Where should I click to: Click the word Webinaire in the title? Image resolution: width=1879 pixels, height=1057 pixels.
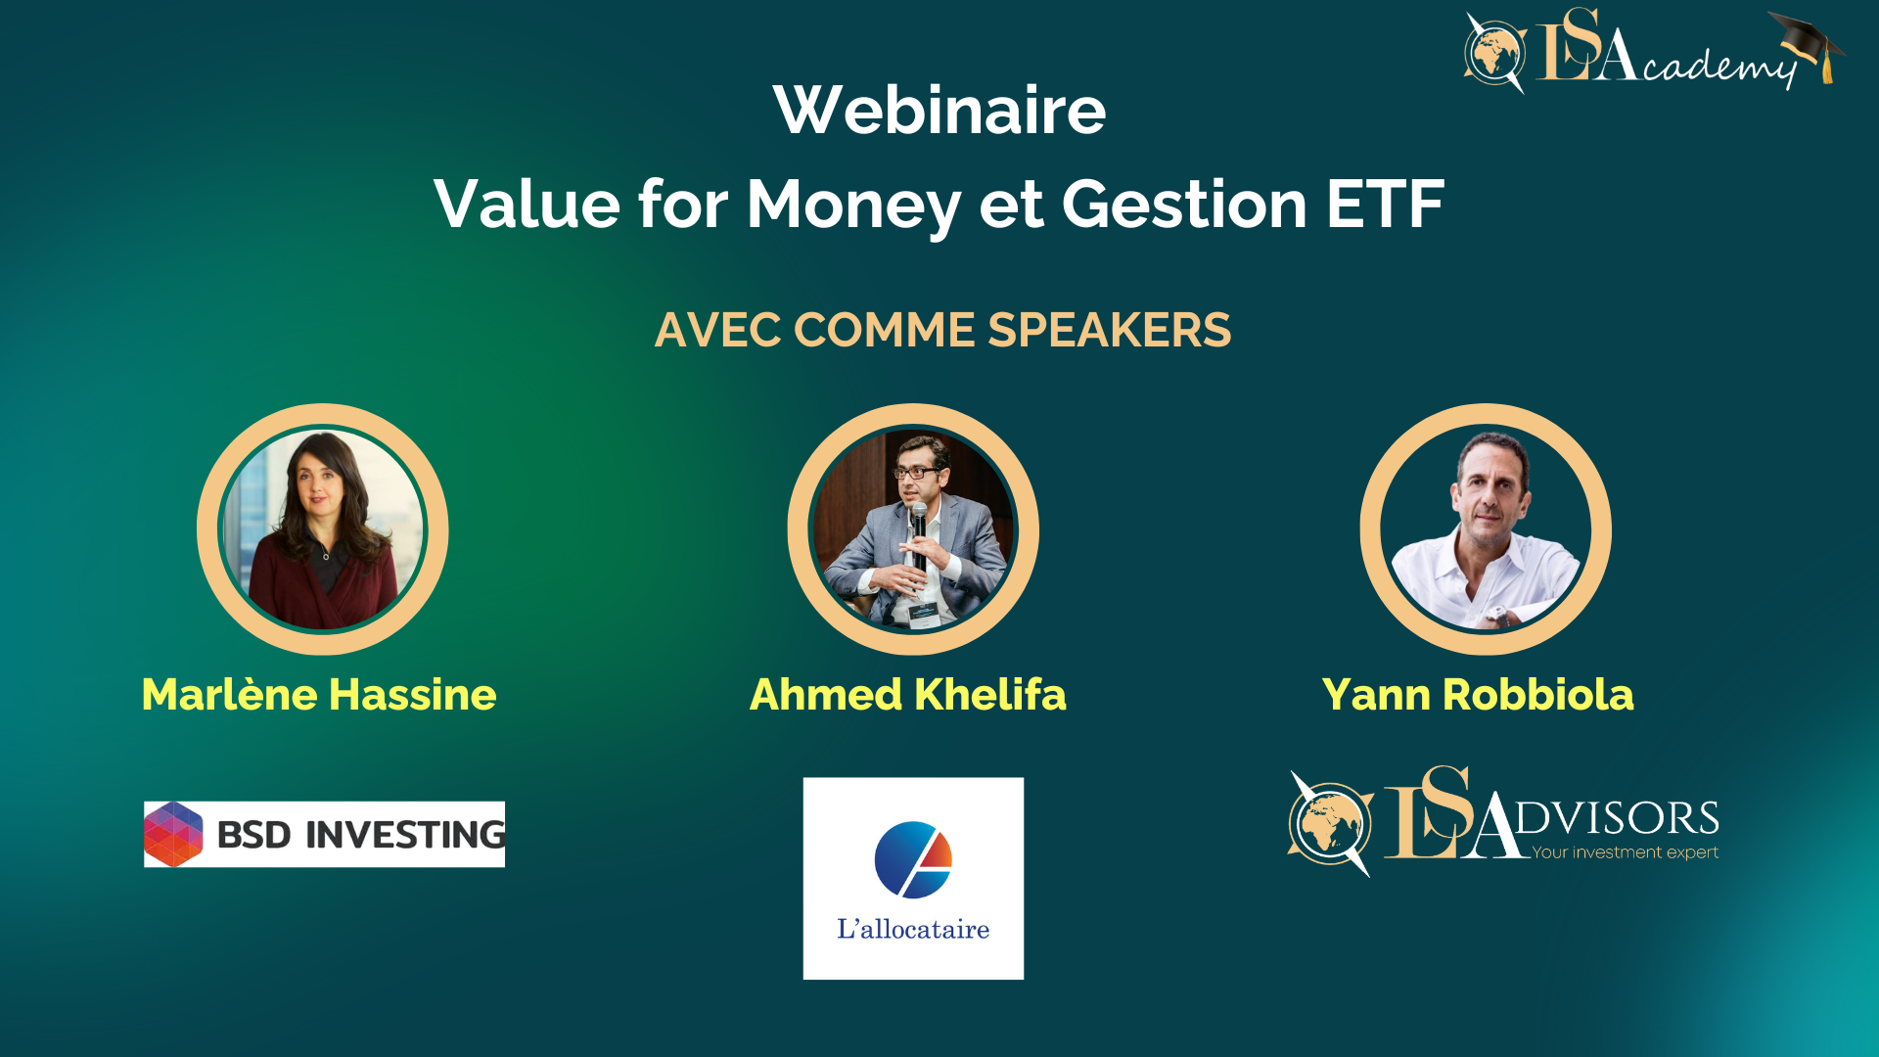[939, 110]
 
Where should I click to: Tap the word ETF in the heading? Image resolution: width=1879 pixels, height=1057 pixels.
[1386, 204]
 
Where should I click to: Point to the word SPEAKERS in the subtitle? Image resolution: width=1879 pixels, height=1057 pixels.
[1110, 330]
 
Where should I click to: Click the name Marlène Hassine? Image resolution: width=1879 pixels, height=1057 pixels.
[319, 694]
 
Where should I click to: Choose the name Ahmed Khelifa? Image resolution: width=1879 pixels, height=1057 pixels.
[908, 694]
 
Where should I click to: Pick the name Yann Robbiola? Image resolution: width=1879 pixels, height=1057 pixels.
[1478, 694]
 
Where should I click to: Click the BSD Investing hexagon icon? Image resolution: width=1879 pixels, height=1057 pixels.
[173, 834]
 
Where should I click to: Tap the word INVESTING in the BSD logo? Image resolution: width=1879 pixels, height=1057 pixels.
[405, 835]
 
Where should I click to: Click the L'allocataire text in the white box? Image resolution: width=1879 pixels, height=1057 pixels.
[913, 929]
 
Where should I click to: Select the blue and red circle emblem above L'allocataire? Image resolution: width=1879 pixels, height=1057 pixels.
[913, 859]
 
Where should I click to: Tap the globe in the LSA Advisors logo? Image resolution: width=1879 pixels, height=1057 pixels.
[1329, 822]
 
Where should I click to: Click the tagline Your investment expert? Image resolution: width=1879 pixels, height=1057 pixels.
[1625, 852]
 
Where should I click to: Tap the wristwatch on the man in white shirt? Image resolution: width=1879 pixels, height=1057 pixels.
[1497, 616]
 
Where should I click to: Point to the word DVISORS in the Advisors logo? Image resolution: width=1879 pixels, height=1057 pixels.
[1617, 818]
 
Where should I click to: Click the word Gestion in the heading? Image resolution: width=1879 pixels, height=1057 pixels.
[1185, 204]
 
